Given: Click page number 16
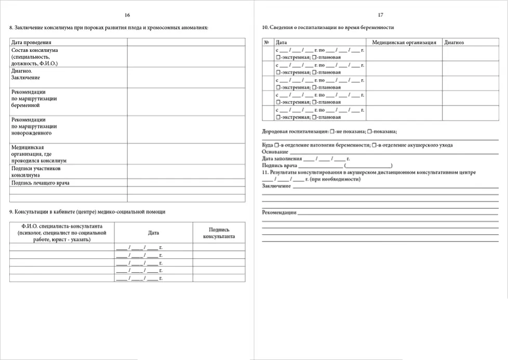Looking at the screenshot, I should pyautogui.click(x=128, y=15).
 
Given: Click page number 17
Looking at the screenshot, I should pyautogui.click(x=381, y=15).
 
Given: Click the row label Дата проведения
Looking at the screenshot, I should pyautogui.click(x=31, y=42).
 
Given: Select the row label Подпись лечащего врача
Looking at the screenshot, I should pyautogui.click(x=41, y=183).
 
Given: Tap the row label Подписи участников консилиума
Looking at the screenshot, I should pyautogui.click(x=36, y=172).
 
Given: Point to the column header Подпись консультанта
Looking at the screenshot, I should pyautogui.click(x=219, y=233).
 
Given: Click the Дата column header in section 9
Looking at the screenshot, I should pyautogui.click(x=153, y=233).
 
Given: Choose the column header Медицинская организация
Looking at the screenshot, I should pyautogui.click(x=404, y=42).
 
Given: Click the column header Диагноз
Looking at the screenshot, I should pyautogui.click(x=454, y=42).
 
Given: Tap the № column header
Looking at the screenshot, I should pyautogui.click(x=266, y=42).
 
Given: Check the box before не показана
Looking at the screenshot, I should pyautogui.click(x=332, y=132).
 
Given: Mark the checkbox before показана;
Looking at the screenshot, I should pyautogui.click(x=369, y=132).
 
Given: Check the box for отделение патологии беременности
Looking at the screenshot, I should pyautogui.click(x=277, y=145).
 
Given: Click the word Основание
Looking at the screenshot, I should pyautogui.click(x=275, y=152).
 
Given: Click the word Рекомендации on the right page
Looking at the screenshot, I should pyautogui.click(x=279, y=212).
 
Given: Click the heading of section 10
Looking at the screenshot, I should pyautogui.click(x=328, y=27).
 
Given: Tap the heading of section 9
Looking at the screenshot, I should pyautogui.click(x=88, y=212).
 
